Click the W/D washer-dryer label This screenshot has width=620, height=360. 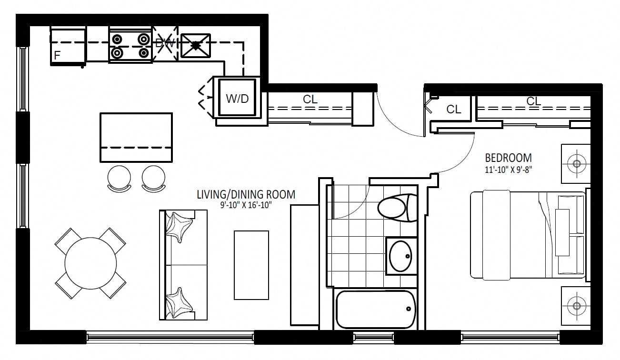point(237,99)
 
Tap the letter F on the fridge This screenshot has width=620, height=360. point(57,55)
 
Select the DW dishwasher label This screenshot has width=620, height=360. point(165,43)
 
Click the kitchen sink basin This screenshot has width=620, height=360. point(196,46)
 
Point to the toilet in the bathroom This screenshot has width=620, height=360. point(398,208)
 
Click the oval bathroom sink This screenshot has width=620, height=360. point(400,256)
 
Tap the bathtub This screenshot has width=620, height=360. point(376,310)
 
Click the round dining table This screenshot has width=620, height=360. point(91,263)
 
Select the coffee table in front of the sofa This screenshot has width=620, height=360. point(251,265)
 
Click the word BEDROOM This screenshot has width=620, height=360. point(509,158)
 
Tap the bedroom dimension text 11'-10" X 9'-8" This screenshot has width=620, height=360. point(509,170)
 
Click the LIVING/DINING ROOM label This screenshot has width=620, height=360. point(246,195)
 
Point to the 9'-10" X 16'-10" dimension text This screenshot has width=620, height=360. point(246,205)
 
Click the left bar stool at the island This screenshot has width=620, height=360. point(119,179)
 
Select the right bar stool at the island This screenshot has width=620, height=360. point(154,179)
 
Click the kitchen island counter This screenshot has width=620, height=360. point(136,138)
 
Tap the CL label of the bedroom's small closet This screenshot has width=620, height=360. point(454,110)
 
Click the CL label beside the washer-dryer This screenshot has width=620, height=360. point(310,100)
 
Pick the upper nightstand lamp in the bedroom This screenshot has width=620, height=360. point(577,163)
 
